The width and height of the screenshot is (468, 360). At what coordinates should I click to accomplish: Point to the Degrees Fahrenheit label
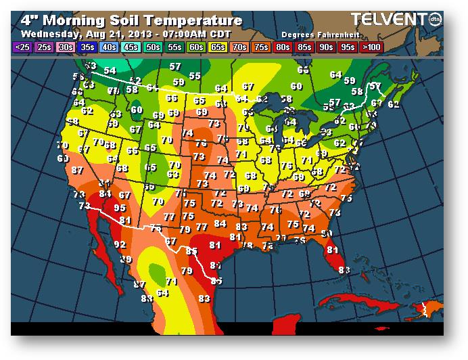point(310,34)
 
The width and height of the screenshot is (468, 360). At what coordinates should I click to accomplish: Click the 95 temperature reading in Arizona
point(120,208)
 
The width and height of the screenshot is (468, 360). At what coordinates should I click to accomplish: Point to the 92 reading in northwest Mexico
point(120,244)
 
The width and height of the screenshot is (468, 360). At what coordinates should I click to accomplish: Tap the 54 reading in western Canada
point(110,70)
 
